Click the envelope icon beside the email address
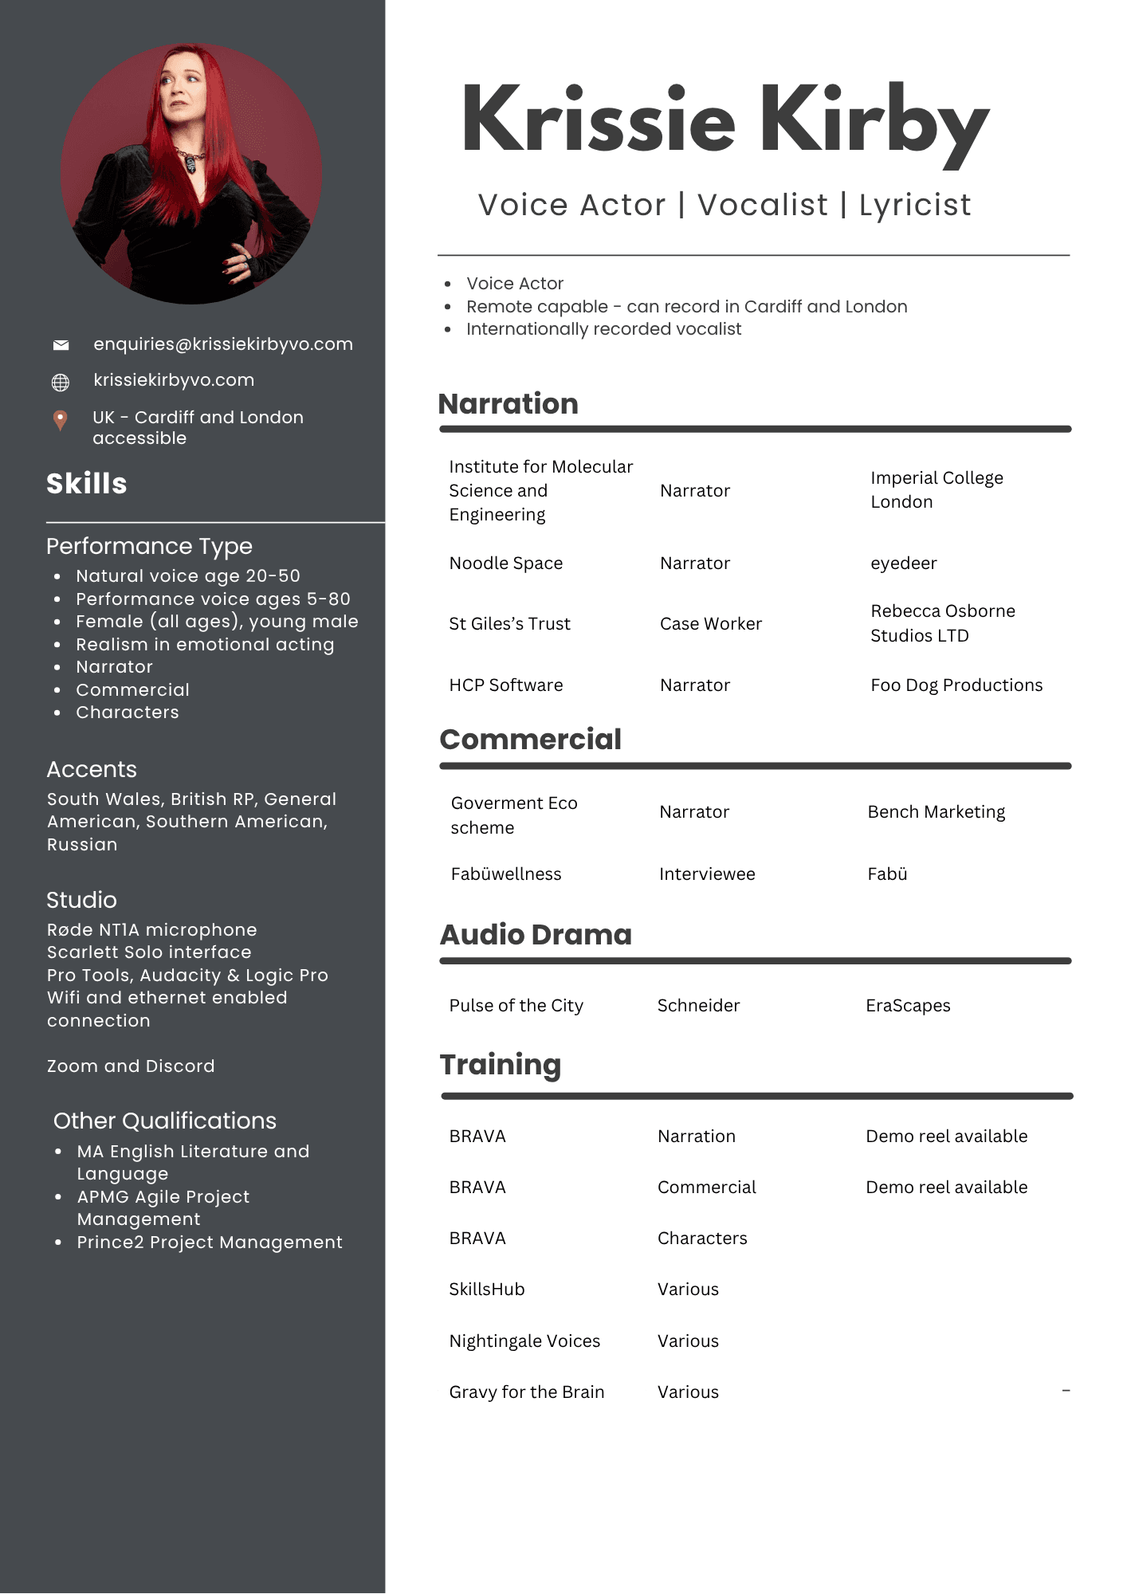pyautogui.click(x=61, y=345)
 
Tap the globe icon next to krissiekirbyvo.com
pyautogui.click(x=61, y=383)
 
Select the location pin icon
pyautogui.click(x=60, y=420)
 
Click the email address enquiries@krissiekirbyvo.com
pyautogui.click(x=223, y=344)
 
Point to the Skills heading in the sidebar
pyautogui.click(x=87, y=484)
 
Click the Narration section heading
pyautogui.click(x=508, y=404)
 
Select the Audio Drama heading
pyautogui.click(x=536, y=935)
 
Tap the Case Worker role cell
pyautogui.click(x=710, y=624)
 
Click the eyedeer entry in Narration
pyautogui.click(x=903, y=563)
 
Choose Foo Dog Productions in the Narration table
pyautogui.click(x=956, y=685)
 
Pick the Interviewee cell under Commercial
pyautogui.click(x=707, y=874)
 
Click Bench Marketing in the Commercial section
pyautogui.click(x=936, y=812)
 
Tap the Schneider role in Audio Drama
pyautogui.click(x=698, y=1006)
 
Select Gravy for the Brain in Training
pyautogui.click(x=526, y=1392)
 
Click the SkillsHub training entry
pyautogui.click(x=486, y=1290)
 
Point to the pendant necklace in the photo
pyautogui.click(x=191, y=164)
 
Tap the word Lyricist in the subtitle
pyautogui.click(x=915, y=206)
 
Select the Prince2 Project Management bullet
pyautogui.click(x=209, y=1243)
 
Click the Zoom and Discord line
pyautogui.click(x=131, y=1066)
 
